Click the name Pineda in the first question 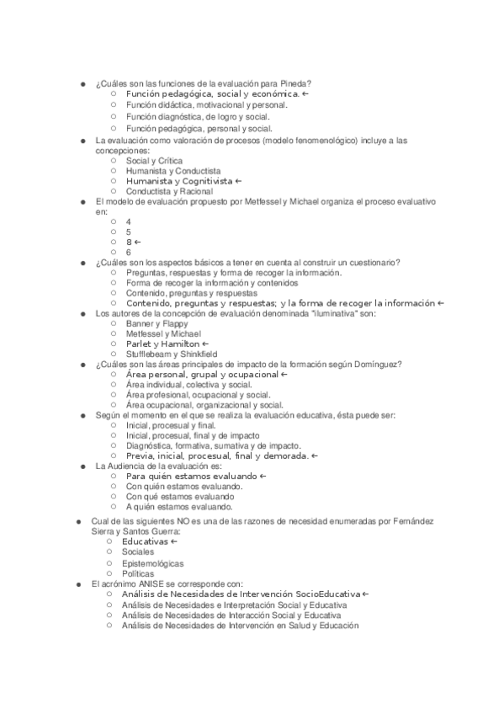297,83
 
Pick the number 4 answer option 129,221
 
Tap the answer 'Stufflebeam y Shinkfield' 171,354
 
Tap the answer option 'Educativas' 144,541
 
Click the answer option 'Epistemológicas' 152,562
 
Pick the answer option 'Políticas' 138,573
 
